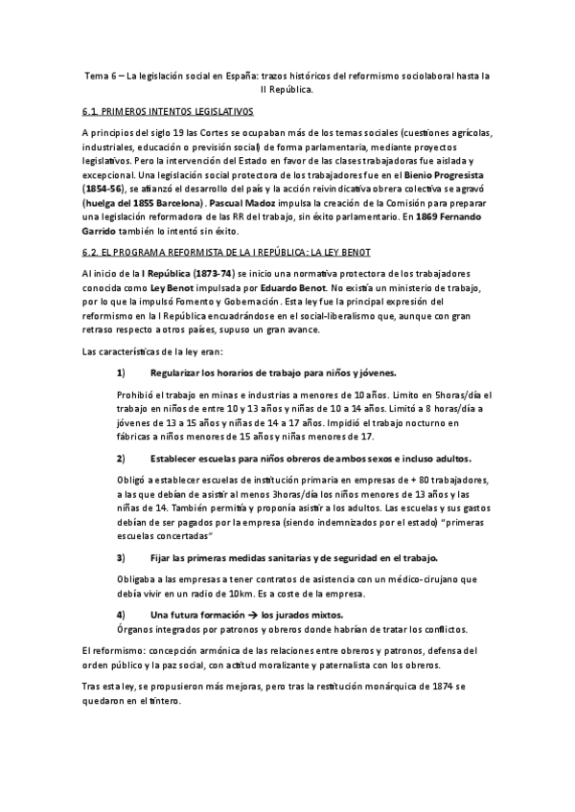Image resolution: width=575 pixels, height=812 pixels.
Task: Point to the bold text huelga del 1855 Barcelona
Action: [142, 205]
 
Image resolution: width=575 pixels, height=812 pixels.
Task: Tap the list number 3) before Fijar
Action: [121, 556]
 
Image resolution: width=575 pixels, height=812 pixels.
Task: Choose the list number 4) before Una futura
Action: [121, 613]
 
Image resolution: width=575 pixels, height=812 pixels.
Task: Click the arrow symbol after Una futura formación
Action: [251, 613]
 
